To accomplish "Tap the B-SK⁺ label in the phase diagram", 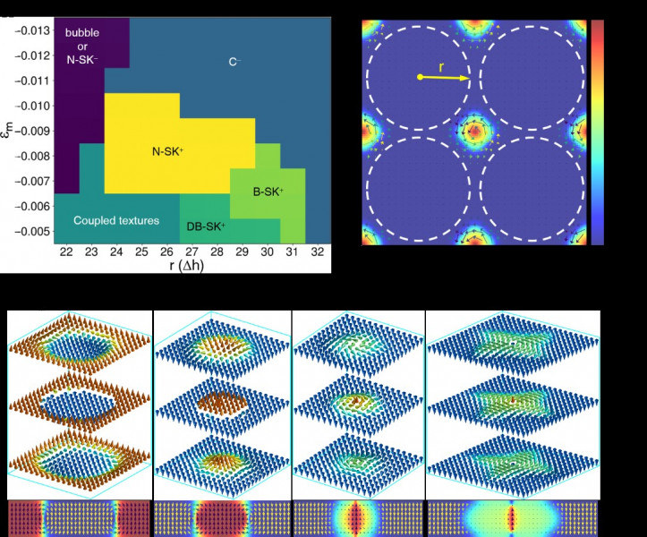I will [x=268, y=192].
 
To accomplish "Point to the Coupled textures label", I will [x=116, y=220].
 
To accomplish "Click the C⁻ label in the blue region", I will [x=234, y=62].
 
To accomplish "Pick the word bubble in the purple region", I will [x=82, y=32].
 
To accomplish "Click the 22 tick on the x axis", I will [x=66, y=253].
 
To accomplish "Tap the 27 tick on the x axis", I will [x=192, y=253].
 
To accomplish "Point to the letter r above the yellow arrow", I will [x=442, y=66].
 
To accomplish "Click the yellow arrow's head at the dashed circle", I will [x=467, y=79].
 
